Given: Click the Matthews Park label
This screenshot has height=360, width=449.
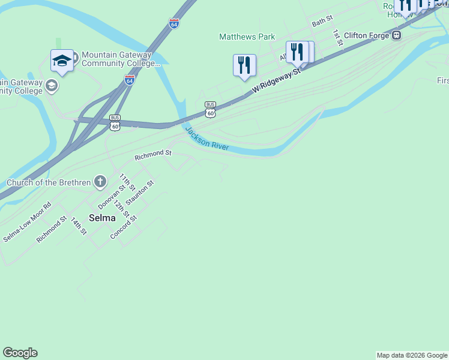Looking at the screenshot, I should point(247,37).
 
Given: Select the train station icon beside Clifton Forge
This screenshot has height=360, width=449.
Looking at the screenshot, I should point(396,36).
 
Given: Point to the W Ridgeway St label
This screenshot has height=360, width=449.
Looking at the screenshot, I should point(276,80).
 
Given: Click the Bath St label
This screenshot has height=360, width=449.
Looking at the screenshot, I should point(322,22).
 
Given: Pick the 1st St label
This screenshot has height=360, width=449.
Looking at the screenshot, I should point(337,38).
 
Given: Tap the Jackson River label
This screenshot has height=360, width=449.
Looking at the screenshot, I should point(207,139).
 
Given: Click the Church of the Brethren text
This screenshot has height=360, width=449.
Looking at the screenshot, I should point(48,182).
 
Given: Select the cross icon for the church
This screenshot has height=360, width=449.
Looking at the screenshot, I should point(100,181).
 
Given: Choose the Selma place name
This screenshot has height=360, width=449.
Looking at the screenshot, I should point(102,218).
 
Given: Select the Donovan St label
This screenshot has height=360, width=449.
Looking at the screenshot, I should point(112,196).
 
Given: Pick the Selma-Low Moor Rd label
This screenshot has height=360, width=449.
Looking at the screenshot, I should point(27,222).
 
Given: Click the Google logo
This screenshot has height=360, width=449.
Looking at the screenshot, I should point(20,353).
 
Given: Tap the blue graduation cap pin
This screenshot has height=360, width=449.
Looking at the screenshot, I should point(62,60).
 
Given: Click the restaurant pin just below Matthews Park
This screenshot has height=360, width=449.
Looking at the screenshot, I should point(244,65).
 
